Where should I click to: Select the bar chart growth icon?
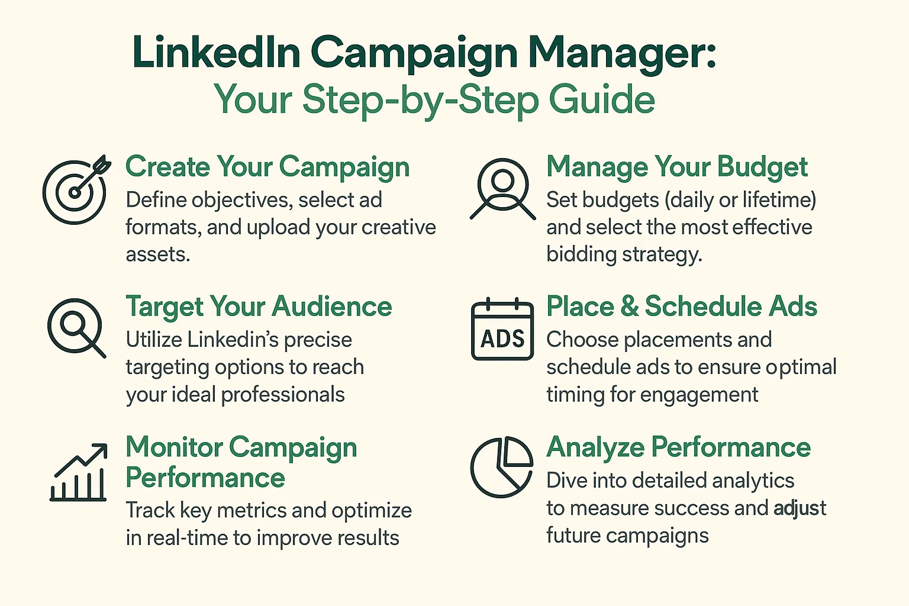pos(78,472)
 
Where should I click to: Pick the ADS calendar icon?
pos(502,329)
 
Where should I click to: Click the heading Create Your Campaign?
pos(267,167)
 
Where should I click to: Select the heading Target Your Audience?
pos(259,307)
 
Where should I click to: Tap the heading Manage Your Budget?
pos(677,167)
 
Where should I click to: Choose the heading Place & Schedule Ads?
pos(682,306)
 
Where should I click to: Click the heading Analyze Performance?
pos(679,447)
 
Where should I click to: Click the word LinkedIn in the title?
pos(216,53)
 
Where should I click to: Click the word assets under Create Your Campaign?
pos(158,254)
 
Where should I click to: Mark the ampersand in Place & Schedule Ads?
pos(630,307)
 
